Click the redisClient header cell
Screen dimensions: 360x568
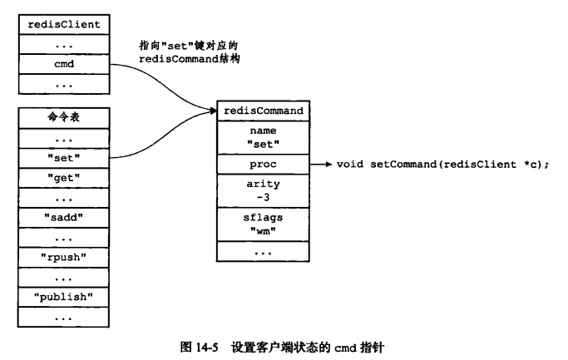[64, 24]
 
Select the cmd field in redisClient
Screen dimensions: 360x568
[64, 62]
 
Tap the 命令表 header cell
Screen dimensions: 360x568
[64, 117]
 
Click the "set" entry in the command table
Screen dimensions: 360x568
[64, 155]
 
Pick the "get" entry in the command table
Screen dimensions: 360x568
[64, 176]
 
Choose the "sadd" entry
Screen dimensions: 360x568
[64, 217]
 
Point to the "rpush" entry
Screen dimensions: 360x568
[64, 256]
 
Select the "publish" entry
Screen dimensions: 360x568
[64, 296]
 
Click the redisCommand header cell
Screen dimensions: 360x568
[264, 111]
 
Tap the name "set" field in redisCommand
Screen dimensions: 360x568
[264, 136]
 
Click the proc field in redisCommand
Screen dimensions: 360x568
[264, 164]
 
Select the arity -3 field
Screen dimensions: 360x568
[264, 190]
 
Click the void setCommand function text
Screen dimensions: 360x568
[442, 164]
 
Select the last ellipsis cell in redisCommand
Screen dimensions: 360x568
[264, 250]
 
